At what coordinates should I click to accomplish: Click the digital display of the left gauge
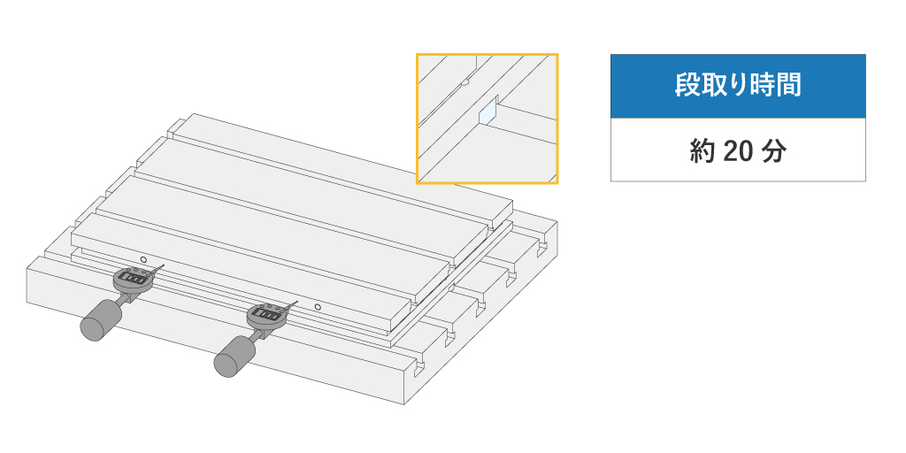pyautogui.click(x=134, y=279)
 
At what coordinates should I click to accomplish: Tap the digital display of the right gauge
pyautogui.click(x=267, y=314)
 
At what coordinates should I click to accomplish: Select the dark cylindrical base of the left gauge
pyautogui.click(x=101, y=319)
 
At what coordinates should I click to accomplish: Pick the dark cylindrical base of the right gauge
pyautogui.click(x=234, y=357)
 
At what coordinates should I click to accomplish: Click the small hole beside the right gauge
pyautogui.click(x=318, y=306)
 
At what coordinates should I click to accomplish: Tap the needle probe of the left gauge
pyautogui.click(x=157, y=269)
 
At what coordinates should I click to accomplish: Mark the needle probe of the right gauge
pyautogui.click(x=290, y=305)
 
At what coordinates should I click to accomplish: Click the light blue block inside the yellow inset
pyautogui.click(x=488, y=111)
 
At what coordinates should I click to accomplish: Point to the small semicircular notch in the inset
pyautogui.click(x=465, y=82)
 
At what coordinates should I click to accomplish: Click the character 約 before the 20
pyautogui.click(x=701, y=152)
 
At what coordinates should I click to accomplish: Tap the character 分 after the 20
pyautogui.click(x=775, y=152)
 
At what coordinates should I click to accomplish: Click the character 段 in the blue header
pyautogui.click(x=687, y=86)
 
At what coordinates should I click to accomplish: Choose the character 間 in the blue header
pyautogui.click(x=790, y=86)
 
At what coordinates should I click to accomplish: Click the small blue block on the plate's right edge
pyautogui.click(x=452, y=287)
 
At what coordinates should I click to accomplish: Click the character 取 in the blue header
pyautogui.click(x=712, y=86)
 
